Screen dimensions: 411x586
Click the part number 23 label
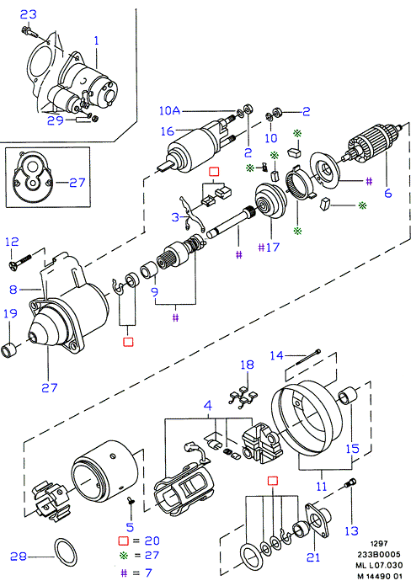click(x=29, y=14)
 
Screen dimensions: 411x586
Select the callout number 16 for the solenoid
click(x=168, y=131)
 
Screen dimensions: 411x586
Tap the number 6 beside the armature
click(x=387, y=193)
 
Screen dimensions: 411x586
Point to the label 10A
click(x=169, y=110)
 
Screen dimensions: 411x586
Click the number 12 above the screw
click(x=12, y=242)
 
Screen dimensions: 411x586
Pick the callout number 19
click(x=10, y=313)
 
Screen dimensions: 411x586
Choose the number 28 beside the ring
click(x=19, y=557)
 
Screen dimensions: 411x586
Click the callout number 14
click(x=277, y=355)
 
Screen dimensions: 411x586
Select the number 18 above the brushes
click(x=248, y=365)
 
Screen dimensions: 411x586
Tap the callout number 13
click(x=351, y=530)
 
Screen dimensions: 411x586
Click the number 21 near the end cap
click(x=313, y=557)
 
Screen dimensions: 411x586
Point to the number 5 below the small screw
click(x=130, y=527)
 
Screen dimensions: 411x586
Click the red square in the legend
click(x=123, y=541)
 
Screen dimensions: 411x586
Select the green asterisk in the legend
click(x=123, y=556)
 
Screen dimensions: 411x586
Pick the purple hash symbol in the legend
click(x=124, y=573)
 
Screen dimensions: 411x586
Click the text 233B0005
click(x=378, y=555)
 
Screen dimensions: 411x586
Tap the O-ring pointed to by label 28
click(x=67, y=552)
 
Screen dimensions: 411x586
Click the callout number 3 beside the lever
click(x=175, y=217)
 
